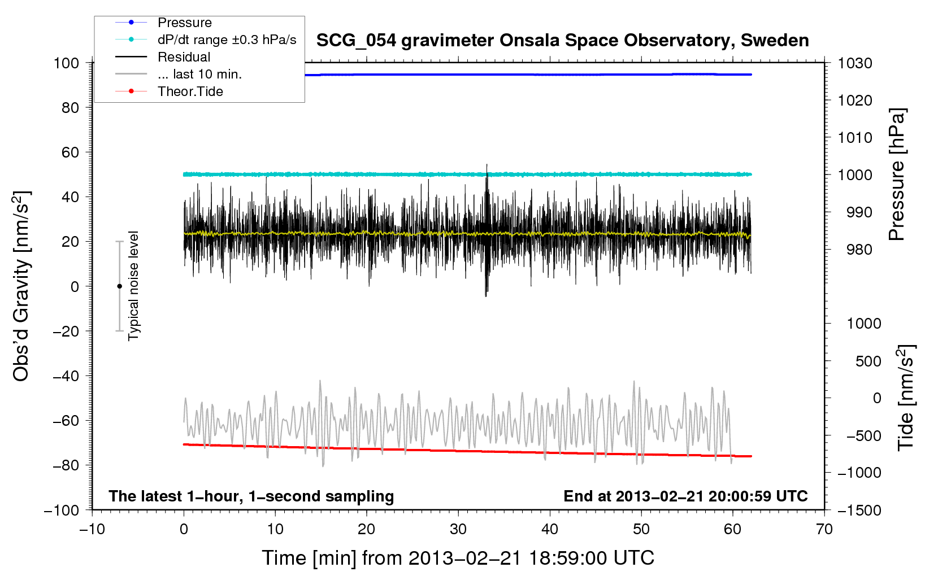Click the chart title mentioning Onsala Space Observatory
562,41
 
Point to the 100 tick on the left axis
66,63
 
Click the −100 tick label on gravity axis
62,510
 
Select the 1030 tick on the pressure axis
855,63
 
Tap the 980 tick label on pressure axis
859,250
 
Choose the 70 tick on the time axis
824,529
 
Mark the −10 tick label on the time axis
92,529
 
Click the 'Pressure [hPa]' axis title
897,174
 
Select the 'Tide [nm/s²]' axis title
906,398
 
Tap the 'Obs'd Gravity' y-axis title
21,286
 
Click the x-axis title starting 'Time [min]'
458,558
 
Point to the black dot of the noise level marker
119,286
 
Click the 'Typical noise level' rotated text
133,286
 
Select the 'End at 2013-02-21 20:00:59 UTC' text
685,496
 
